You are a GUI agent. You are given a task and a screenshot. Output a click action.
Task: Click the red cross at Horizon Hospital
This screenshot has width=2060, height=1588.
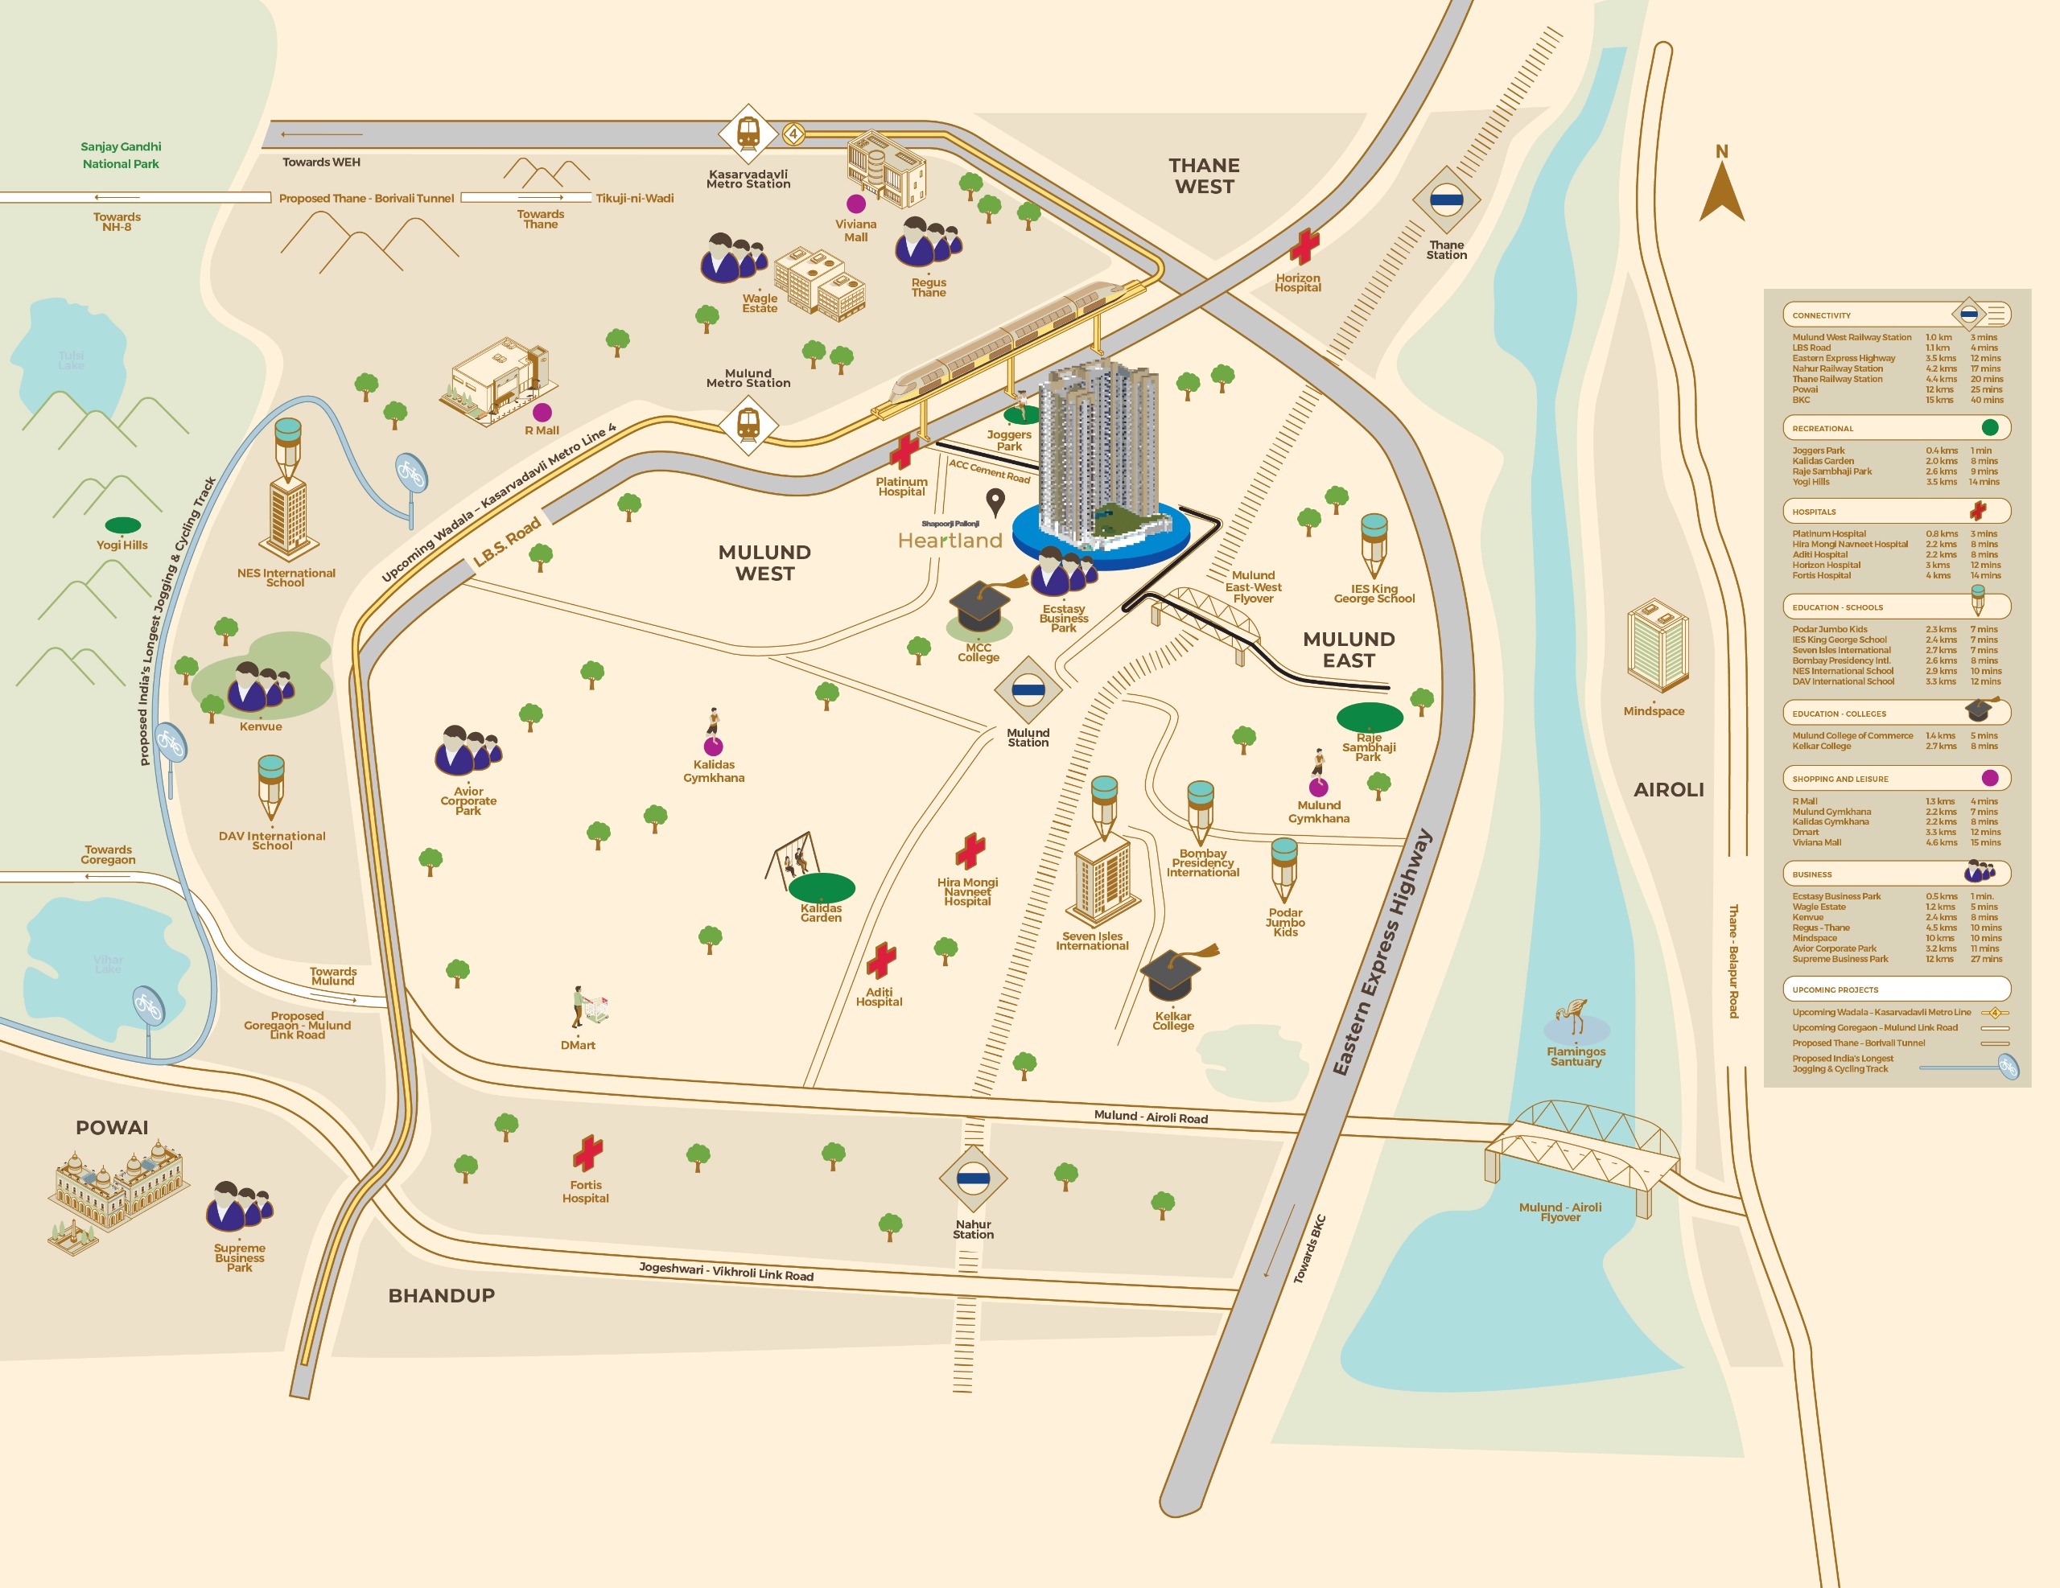[1304, 246]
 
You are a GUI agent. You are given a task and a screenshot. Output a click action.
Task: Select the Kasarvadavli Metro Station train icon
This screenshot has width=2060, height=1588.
[748, 133]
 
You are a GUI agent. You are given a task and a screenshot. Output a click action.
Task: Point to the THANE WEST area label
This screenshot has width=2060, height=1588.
[1204, 175]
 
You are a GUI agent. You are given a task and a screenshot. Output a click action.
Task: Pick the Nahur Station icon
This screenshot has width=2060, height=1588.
[972, 1177]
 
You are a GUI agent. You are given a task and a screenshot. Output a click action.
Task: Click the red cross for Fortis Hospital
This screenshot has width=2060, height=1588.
[587, 1152]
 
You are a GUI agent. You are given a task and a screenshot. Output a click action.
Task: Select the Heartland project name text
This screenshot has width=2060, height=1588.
[950, 541]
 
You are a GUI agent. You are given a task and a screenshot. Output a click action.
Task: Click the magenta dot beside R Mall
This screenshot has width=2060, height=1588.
[542, 412]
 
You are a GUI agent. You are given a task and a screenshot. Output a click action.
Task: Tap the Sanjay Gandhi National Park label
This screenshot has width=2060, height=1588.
[121, 154]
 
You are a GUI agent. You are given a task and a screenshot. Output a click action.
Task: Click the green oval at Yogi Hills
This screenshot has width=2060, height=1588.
[122, 525]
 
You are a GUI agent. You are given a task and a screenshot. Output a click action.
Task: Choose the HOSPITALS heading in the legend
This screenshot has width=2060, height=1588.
[1814, 512]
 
